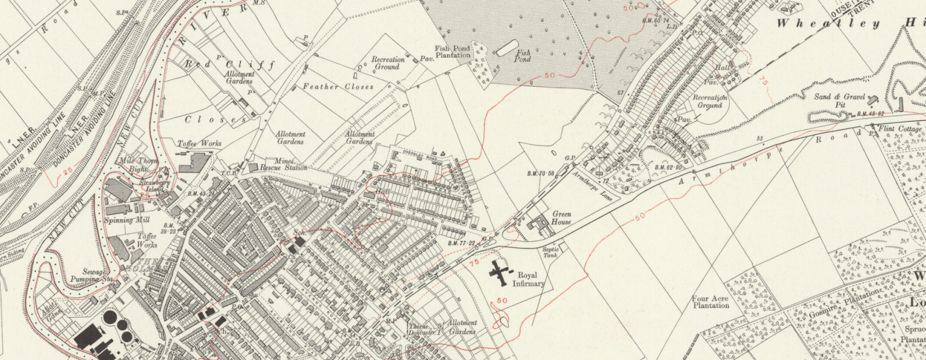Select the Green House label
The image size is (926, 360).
[561, 218]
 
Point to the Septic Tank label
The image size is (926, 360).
[550, 252]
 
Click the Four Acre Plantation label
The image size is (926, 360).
[710, 302]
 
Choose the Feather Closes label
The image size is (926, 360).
[338, 87]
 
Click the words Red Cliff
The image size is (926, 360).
[230, 64]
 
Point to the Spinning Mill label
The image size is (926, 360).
[127, 220]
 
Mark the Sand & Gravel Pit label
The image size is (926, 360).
[839, 101]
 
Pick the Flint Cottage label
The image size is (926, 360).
[899, 129]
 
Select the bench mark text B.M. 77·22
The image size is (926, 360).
[461, 243]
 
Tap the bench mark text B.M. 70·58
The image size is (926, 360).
[541, 174]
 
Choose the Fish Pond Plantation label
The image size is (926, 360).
[453, 52]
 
